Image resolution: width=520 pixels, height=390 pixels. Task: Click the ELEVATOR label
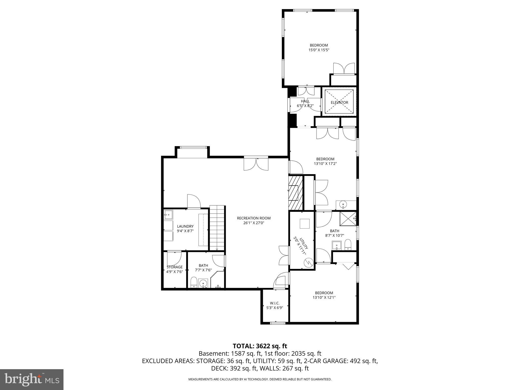click(x=339, y=103)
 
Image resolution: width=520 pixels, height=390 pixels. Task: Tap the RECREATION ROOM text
click(x=254, y=218)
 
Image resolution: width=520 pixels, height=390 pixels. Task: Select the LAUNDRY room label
click(x=185, y=226)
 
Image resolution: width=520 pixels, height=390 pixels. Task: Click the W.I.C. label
click(x=275, y=303)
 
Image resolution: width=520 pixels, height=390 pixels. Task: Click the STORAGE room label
click(x=174, y=267)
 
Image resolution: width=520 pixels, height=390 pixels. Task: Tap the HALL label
click(x=305, y=101)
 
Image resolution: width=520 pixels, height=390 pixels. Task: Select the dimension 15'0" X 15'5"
click(x=319, y=50)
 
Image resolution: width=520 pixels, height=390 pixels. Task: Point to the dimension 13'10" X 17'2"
click(x=325, y=164)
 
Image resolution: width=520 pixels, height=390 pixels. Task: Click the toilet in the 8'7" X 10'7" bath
click(x=348, y=245)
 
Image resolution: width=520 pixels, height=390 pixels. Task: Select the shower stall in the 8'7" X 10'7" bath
click(x=348, y=218)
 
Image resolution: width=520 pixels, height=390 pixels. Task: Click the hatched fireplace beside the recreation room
click(x=296, y=192)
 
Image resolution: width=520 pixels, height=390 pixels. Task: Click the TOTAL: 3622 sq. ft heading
click(x=260, y=346)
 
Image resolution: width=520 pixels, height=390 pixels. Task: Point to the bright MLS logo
click(x=32, y=380)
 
